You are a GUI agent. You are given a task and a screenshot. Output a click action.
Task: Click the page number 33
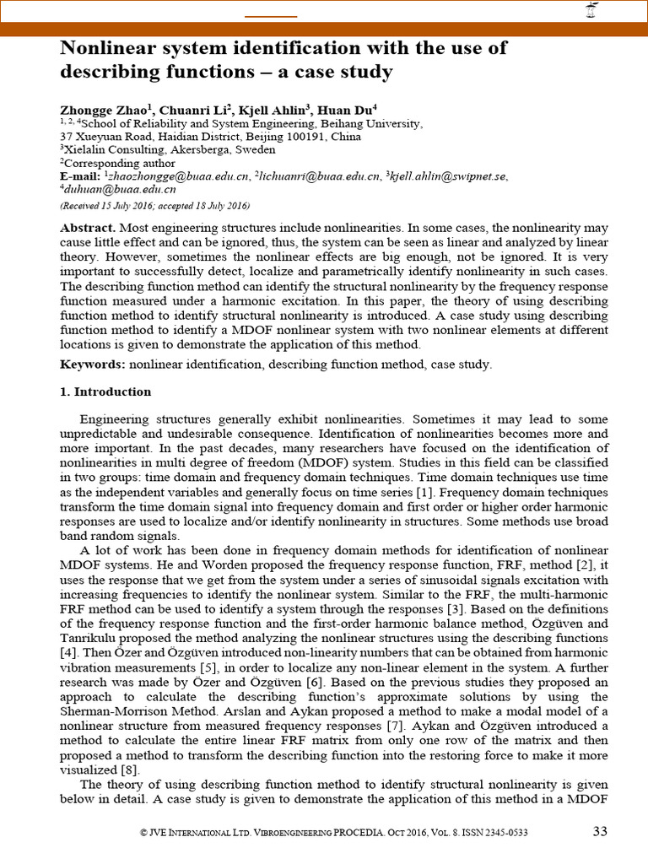599,831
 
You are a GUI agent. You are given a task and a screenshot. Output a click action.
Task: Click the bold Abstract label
87,229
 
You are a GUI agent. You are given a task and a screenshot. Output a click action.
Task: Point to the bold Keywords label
92,364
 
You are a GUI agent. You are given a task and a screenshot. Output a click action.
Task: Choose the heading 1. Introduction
105,391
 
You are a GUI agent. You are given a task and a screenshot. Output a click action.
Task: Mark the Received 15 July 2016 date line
154,206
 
